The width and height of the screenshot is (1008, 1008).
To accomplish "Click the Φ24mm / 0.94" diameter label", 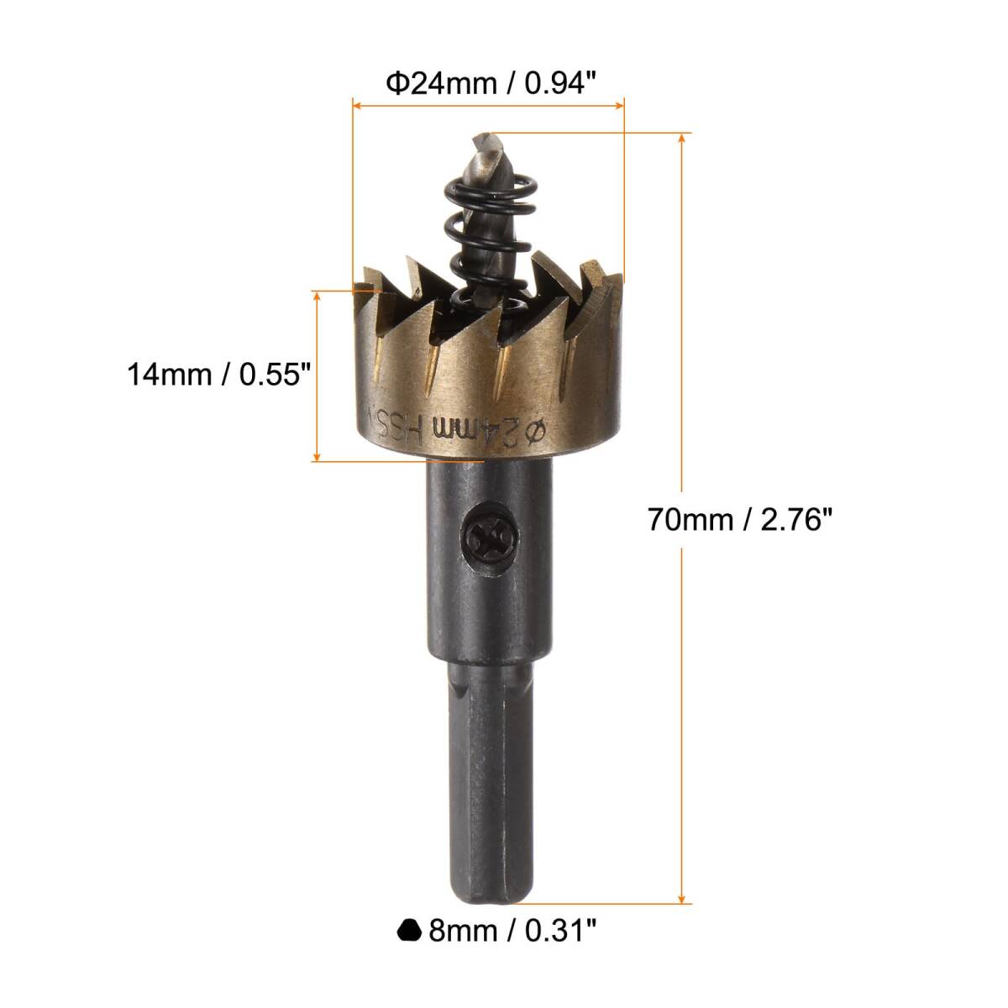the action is pyautogui.click(x=491, y=84).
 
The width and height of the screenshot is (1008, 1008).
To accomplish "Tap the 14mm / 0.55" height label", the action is pyautogui.click(x=219, y=375).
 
